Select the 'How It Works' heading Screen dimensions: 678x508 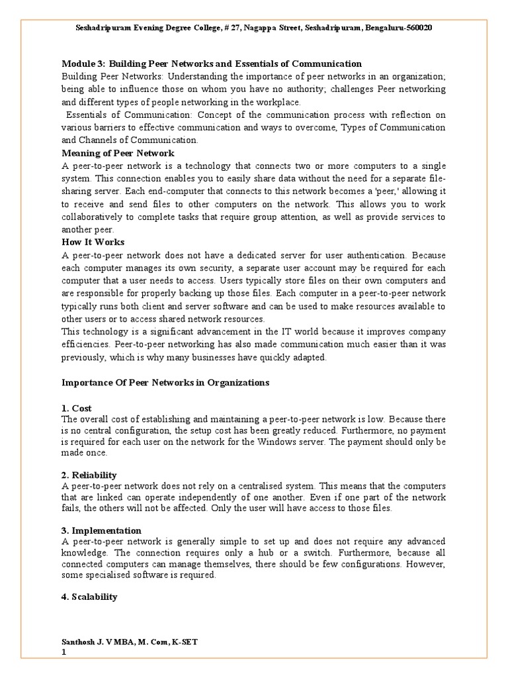[x=93, y=242]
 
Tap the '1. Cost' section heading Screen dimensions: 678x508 [x=76, y=409]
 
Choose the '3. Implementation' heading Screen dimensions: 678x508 [x=101, y=530]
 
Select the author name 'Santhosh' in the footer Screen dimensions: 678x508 [x=79, y=642]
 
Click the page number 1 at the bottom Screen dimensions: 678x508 [x=64, y=653]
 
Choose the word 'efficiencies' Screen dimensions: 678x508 [x=85, y=345]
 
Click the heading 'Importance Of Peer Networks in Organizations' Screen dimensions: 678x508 [x=166, y=383]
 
